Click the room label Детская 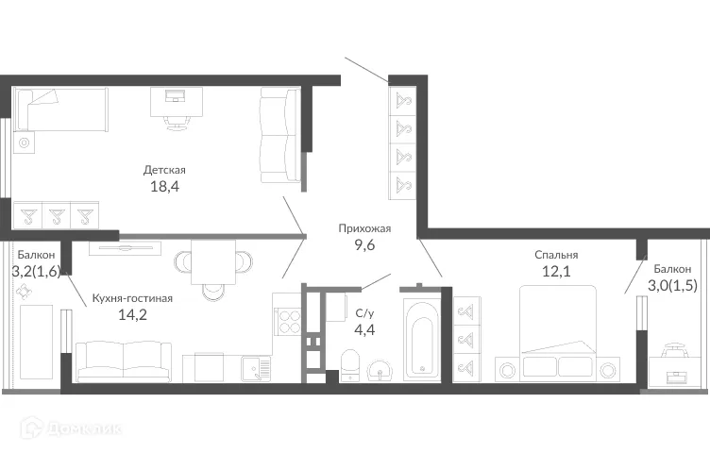(x=164, y=170)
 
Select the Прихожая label (x=365, y=228)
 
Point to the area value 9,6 (x=365, y=246)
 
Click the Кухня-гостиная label (x=132, y=299)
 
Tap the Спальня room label (x=556, y=255)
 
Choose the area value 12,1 (x=556, y=273)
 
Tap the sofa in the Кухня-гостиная (x=123, y=361)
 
